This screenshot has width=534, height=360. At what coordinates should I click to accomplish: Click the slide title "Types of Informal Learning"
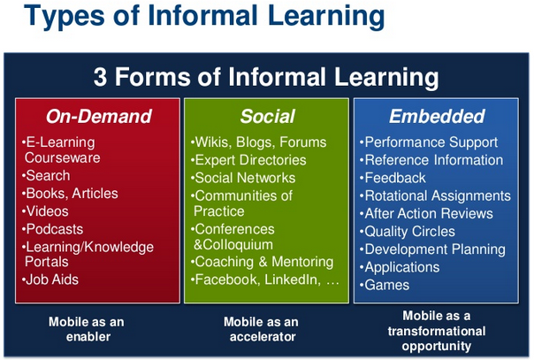coord(204,16)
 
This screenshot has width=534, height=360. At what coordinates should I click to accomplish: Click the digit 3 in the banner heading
coord(100,77)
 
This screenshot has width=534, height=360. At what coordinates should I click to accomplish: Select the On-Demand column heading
coord(99,116)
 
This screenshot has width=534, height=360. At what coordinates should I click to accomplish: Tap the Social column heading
coord(268,116)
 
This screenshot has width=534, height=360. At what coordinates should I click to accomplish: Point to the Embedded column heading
coord(437,116)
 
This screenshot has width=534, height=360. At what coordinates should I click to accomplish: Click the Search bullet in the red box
coord(46,176)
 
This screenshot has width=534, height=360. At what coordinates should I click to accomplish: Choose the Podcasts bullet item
coord(52,229)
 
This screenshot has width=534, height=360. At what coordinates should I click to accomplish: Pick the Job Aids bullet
coord(50,280)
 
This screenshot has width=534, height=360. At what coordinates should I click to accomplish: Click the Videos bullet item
coord(45,211)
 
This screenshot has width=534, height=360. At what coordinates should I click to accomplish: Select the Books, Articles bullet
coord(70,194)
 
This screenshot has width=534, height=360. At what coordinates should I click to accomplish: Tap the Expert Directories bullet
coord(248,160)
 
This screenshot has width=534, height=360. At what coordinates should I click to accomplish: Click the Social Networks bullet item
coord(243,178)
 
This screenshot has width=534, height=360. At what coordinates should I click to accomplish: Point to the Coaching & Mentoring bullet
coord(263,262)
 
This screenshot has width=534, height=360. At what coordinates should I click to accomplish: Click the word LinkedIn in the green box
coord(293,280)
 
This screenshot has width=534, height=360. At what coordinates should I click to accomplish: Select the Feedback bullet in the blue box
coord(393,178)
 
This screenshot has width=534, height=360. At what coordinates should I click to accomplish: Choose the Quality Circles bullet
coord(408,232)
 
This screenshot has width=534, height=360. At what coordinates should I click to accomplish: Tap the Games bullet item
coord(385,285)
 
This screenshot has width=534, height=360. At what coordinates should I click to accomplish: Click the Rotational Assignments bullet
coord(435,195)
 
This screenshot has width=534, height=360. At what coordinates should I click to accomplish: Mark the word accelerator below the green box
coord(263,337)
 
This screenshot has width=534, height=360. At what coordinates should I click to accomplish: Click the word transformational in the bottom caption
coord(437,331)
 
